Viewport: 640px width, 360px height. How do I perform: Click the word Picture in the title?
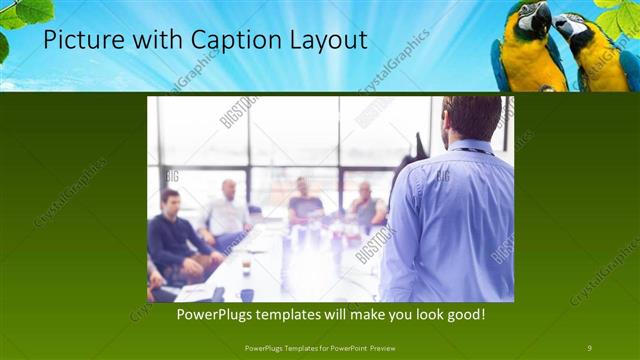pyautogui.click(x=79, y=40)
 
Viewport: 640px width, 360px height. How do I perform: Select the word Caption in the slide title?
pyautogui.click(x=223, y=40)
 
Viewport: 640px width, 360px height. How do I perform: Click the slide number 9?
pyautogui.click(x=589, y=347)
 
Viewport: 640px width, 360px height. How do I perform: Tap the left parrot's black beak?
pyautogui.click(x=541, y=19)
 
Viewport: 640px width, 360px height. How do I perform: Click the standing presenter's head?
pyautogui.click(x=471, y=117)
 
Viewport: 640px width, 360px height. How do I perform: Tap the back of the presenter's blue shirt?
pyautogui.click(x=450, y=220)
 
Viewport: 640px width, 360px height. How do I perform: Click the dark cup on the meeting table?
pyautogui.click(x=246, y=295)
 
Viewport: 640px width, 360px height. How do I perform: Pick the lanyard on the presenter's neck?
pyautogui.click(x=466, y=151)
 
